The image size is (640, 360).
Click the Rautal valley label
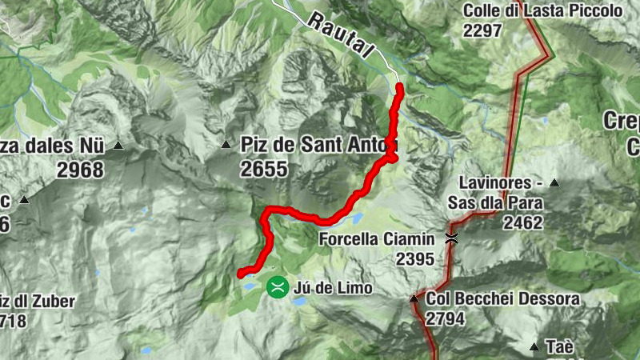pyautogui.click(x=341, y=35)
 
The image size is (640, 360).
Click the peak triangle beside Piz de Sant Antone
pyautogui.click(x=226, y=145)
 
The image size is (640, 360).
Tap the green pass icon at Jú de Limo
pyautogui.click(x=278, y=286)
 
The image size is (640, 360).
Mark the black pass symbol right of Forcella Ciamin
pyautogui.click(x=452, y=238)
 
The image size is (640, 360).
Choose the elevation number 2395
pyautogui.click(x=414, y=258)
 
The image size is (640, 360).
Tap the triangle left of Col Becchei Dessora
pyautogui.click(x=414, y=298)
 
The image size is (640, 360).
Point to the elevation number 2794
pyautogui.click(x=445, y=318)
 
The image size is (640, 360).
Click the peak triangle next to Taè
pyautogui.click(x=534, y=347)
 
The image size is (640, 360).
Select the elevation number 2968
pyautogui.click(x=81, y=170)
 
